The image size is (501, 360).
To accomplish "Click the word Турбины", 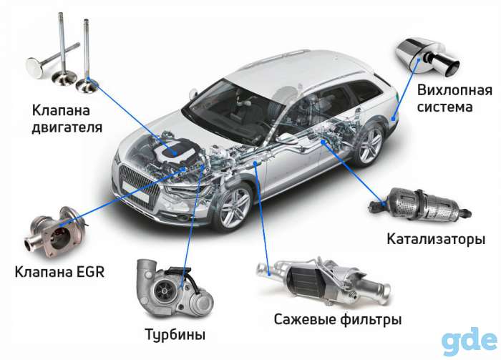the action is tap(175, 334).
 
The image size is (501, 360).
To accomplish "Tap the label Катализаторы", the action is tap(436, 239).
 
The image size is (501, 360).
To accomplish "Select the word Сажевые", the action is tap(305, 318).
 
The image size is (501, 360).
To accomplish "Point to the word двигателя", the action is tap(67, 127).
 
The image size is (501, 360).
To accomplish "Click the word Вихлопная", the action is tap(454, 90).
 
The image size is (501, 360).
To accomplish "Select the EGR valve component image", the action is tap(56, 231).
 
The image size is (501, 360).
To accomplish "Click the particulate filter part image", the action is tap(323, 278).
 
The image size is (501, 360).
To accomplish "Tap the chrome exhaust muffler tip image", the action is tap(427, 57).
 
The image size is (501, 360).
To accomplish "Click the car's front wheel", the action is tap(235, 205).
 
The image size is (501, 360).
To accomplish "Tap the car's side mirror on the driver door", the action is tap(285, 137).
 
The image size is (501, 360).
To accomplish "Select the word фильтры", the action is tap(371, 318).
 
